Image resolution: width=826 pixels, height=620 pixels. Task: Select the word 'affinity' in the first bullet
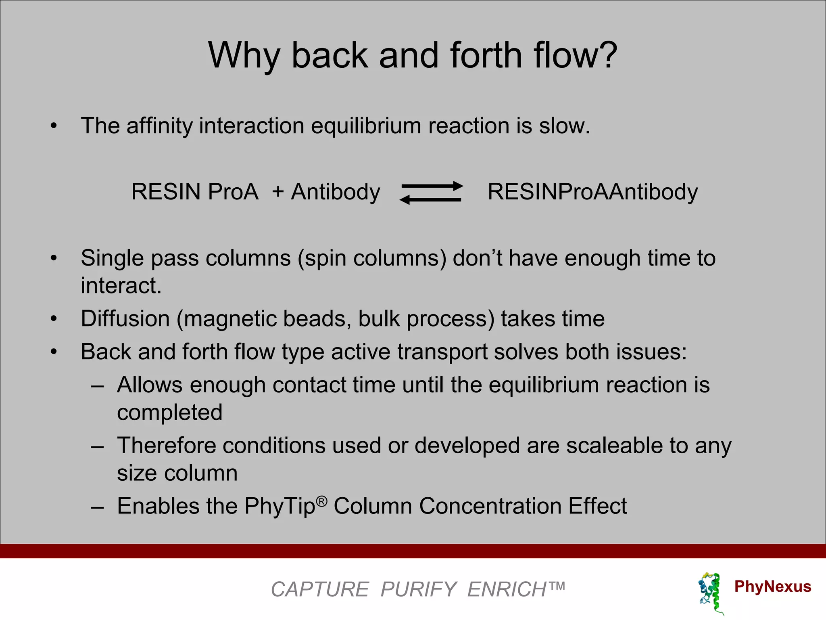pyautogui.click(x=160, y=126)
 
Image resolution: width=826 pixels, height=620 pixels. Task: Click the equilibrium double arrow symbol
pyautogui.click(x=431, y=193)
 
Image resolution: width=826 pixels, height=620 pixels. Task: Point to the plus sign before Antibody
pyautogui.click(x=278, y=191)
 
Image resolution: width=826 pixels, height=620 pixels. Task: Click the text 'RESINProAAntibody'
pyautogui.click(x=592, y=192)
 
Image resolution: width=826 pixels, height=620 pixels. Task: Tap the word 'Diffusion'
pyautogui.click(x=125, y=319)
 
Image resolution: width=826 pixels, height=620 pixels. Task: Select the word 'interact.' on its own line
pyautogui.click(x=121, y=286)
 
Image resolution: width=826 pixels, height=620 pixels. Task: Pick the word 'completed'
pyautogui.click(x=169, y=413)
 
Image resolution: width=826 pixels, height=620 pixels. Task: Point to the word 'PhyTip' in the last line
pyautogui.click(x=280, y=507)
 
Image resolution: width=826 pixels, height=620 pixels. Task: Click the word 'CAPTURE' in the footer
pyautogui.click(x=320, y=589)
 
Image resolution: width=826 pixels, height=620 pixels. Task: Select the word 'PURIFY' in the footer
pyautogui.click(x=418, y=589)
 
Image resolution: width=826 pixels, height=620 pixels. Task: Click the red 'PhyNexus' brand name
pyautogui.click(x=772, y=586)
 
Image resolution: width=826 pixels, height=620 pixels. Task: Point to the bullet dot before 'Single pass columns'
pyautogui.click(x=54, y=258)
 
